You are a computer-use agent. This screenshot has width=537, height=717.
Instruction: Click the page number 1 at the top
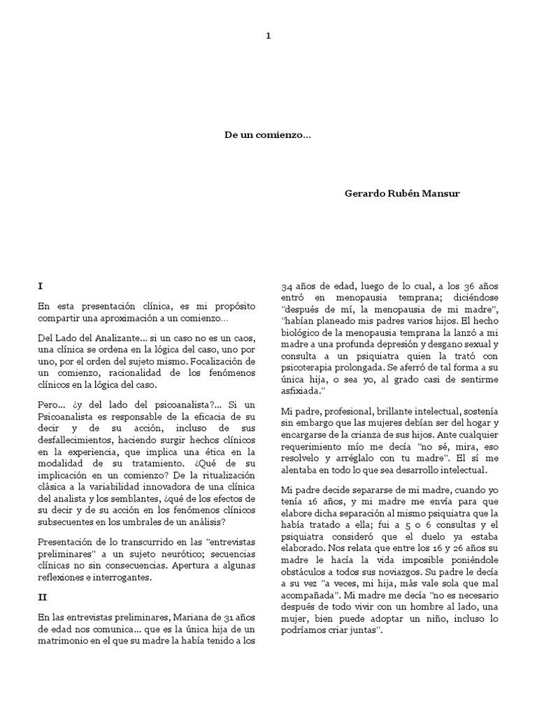point(268,36)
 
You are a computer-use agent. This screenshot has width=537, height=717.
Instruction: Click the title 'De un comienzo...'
point(268,137)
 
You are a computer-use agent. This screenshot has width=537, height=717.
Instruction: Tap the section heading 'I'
point(41,286)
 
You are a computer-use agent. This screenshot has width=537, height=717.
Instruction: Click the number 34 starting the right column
point(287,288)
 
